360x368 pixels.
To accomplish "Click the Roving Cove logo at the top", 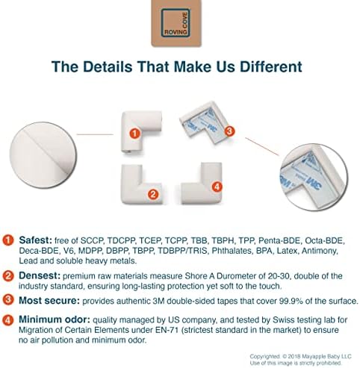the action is coord(176,23).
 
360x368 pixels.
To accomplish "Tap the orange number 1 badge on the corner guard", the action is coord(134,134).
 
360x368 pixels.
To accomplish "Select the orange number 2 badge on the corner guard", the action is coord(153,194).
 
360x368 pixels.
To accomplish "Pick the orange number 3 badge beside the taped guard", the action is coord(229,131).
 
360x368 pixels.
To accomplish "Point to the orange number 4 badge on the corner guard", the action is coord(217,187).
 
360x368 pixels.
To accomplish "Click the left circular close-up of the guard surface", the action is coord(43,155).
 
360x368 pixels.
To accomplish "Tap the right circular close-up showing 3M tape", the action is coord(314,177).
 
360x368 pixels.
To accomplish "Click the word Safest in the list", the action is coord(36,240).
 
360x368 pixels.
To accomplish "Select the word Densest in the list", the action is coord(40,275).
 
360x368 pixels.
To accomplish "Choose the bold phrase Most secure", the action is coord(49,301).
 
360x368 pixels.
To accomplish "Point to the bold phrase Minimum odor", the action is coord(55,319).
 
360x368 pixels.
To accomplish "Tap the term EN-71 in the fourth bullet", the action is coord(167,330).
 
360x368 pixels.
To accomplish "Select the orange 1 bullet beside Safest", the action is coord(8,240).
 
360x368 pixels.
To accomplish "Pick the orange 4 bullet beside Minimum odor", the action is coord(8,319).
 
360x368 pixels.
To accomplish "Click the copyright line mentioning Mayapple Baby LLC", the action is coord(300,357).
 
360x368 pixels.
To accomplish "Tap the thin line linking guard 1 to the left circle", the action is coord(95,134).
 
